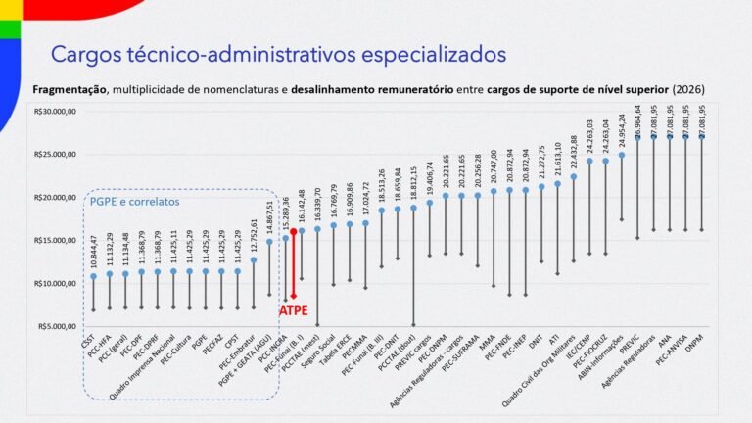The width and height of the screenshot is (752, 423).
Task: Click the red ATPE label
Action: tap(294, 309)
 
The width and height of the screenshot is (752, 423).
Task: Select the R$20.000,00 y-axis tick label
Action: tap(57, 198)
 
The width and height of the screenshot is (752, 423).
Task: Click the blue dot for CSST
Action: tap(94, 276)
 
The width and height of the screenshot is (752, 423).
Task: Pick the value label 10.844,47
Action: tap(94, 251)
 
